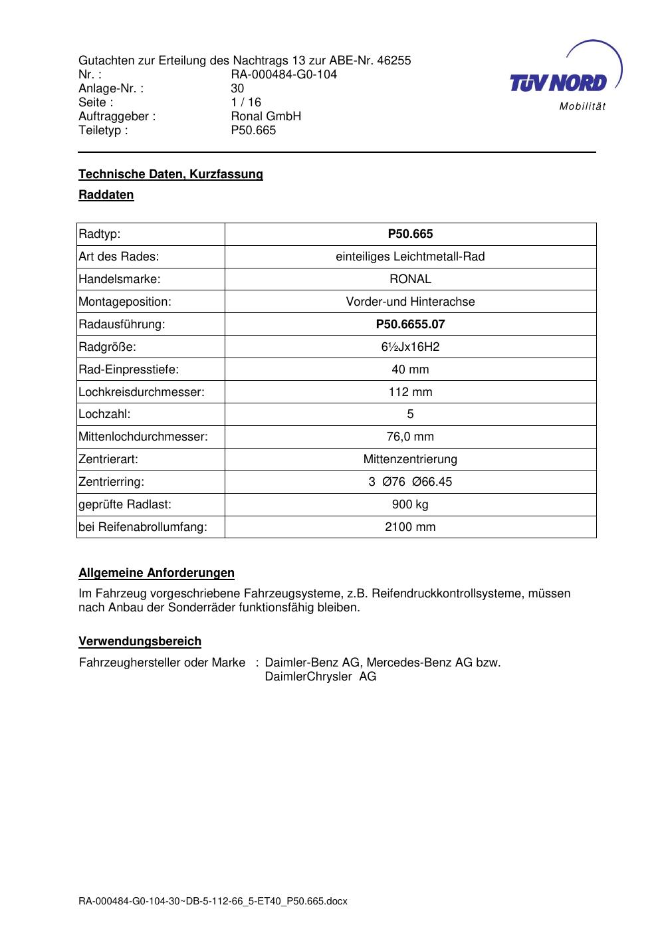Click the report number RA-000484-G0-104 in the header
click(x=284, y=74)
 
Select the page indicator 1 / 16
click(x=246, y=102)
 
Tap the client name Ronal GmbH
click(x=266, y=116)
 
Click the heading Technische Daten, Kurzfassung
click(x=171, y=174)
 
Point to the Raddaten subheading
click(x=106, y=195)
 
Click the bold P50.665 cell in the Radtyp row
click(x=410, y=234)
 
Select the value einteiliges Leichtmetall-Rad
click(x=410, y=257)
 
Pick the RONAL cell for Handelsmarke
click(x=410, y=279)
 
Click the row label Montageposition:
click(x=125, y=302)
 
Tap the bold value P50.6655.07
click(x=410, y=324)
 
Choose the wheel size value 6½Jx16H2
click(x=410, y=347)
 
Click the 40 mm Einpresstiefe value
click(x=410, y=369)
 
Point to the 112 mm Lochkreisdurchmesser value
click(x=410, y=392)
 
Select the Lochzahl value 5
click(x=410, y=414)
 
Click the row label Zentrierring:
click(x=112, y=482)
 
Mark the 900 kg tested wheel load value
click(x=410, y=504)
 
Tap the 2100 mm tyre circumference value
click(x=410, y=527)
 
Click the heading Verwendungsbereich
click(x=140, y=641)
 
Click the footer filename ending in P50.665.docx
click(x=213, y=902)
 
